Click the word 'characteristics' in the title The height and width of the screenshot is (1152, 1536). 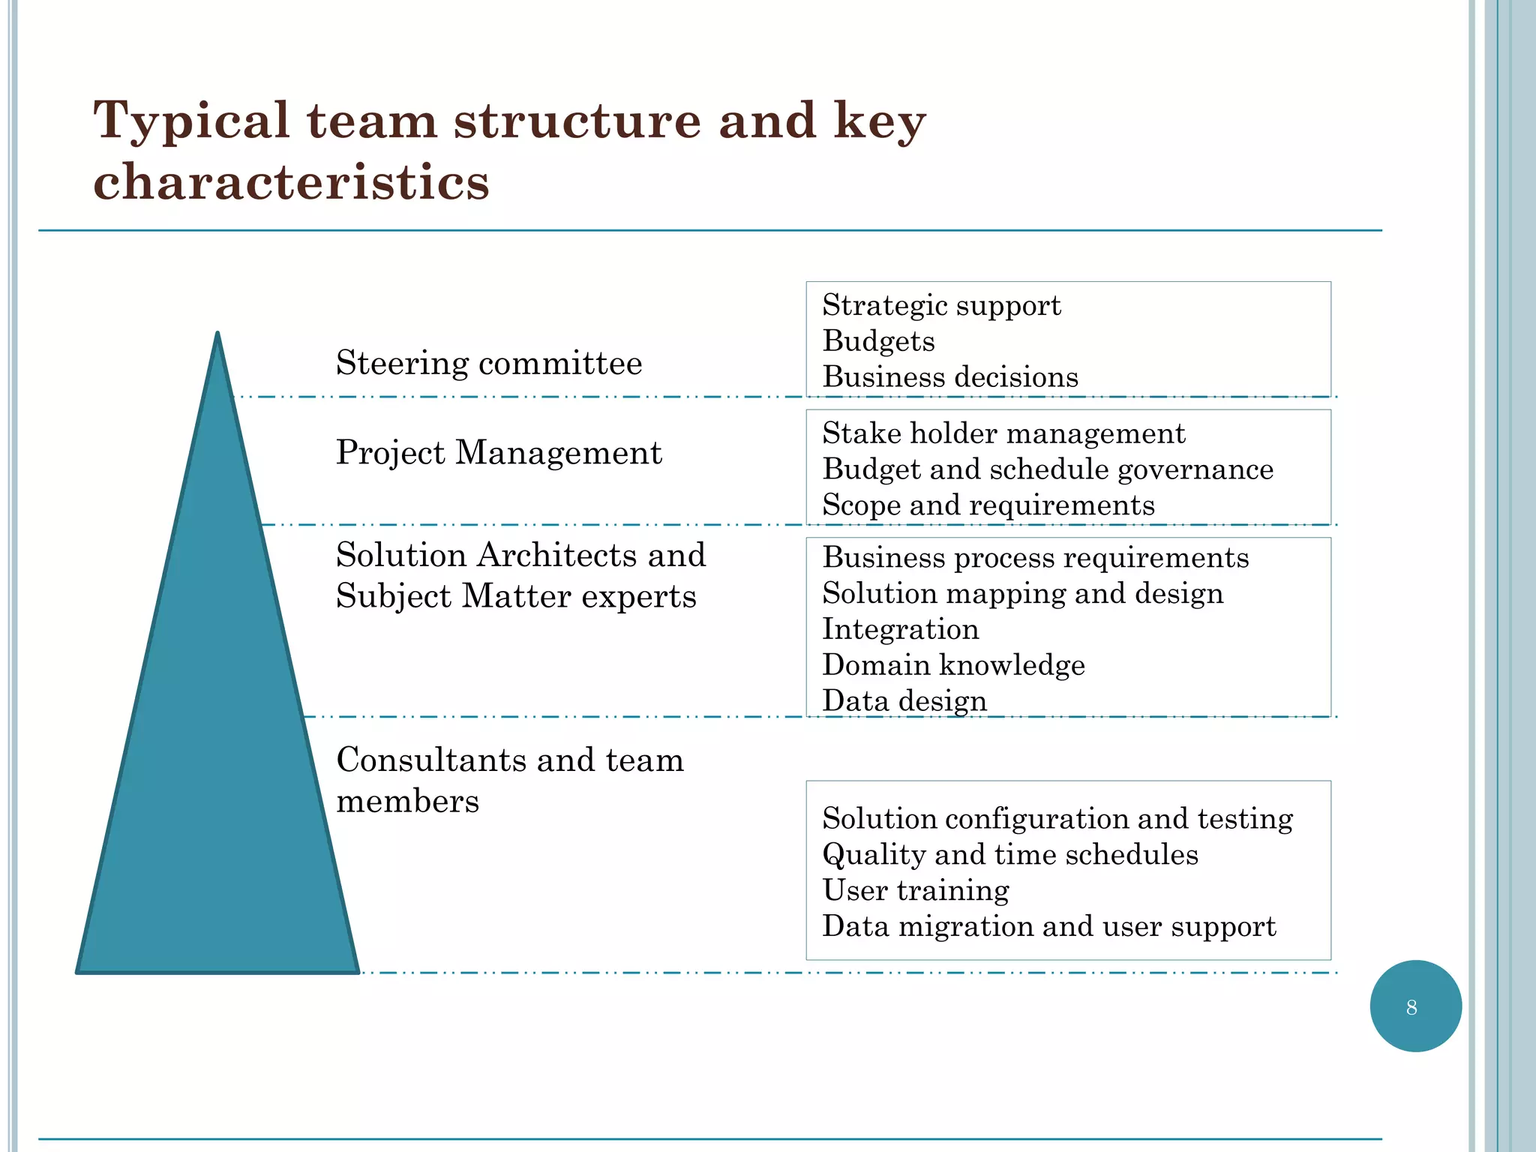(291, 182)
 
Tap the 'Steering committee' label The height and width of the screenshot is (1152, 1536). (489, 364)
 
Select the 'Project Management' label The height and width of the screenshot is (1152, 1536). (499, 453)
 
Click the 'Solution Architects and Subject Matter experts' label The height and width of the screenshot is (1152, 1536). (520, 576)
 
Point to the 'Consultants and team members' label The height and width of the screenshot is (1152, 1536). (510, 780)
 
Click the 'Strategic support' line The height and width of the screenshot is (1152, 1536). (941, 306)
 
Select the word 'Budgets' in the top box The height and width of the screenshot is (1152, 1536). (878, 341)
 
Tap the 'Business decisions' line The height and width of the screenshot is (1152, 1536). (950, 377)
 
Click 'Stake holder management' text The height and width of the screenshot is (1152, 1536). (1003, 434)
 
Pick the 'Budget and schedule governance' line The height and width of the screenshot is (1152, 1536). (1048, 470)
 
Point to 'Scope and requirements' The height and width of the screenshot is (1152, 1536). (988, 505)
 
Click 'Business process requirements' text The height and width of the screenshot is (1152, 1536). (1036, 558)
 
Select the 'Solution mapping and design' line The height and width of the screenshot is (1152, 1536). (1023, 594)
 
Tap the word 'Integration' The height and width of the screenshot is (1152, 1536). (901, 629)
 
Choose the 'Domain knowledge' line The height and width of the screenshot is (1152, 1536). (953, 665)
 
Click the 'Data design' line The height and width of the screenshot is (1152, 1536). (904, 701)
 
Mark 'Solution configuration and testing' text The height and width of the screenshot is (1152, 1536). (1057, 819)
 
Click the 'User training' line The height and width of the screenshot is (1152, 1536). (916, 891)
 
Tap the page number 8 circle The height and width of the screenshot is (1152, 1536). (1415, 1006)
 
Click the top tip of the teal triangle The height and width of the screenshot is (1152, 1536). (217, 335)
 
